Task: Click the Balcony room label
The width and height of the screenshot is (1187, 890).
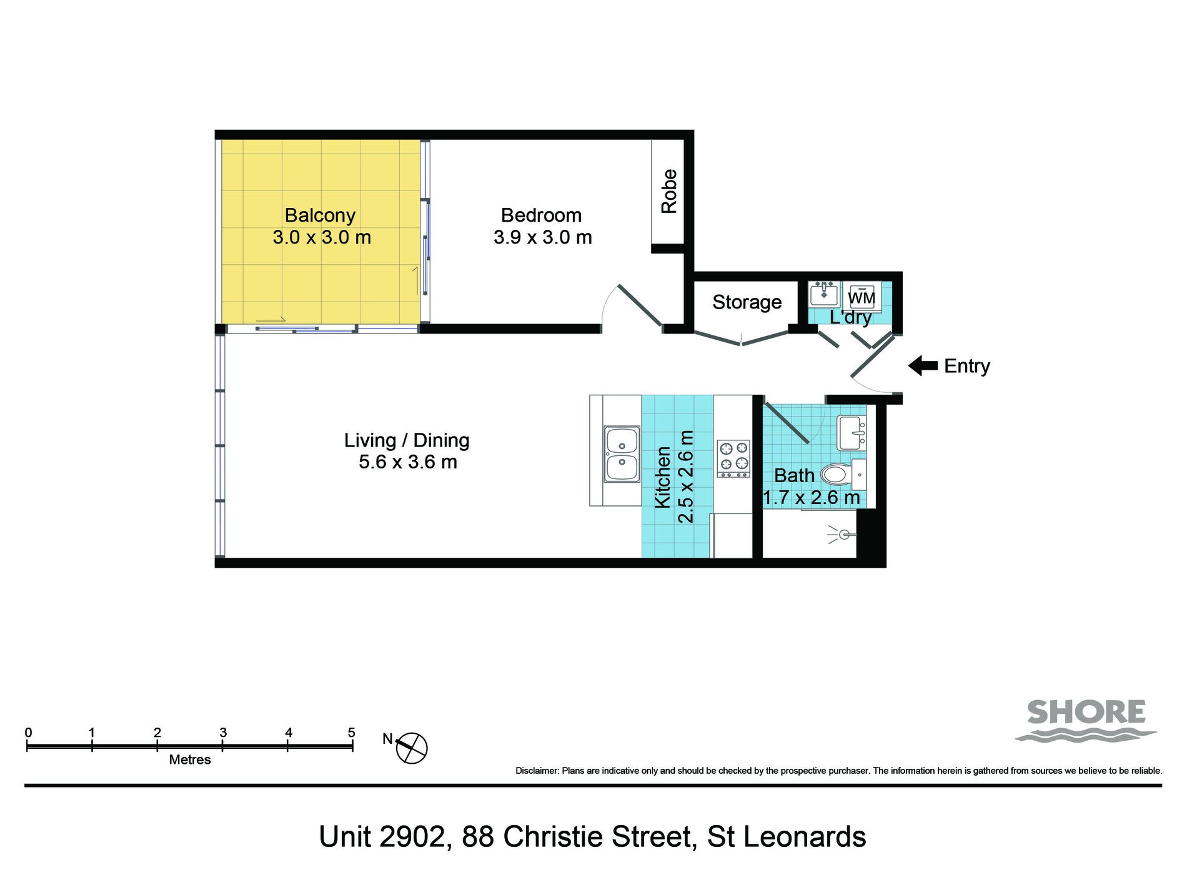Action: coord(320,215)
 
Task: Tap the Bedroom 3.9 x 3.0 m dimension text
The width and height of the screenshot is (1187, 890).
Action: coord(542,237)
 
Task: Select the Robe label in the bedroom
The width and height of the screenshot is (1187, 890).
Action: coord(669,191)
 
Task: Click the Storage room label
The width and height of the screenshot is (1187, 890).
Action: coord(747,302)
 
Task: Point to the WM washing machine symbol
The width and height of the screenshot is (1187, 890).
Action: coord(862,297)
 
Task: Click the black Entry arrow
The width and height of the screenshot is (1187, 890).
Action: coord(923,366)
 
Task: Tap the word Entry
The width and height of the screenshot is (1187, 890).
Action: coord(967,367)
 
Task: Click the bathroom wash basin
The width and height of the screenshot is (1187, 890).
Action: coord(852,433)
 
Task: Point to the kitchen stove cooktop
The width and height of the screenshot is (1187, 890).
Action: coord(733,459)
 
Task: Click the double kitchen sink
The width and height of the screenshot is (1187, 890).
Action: coord(622,454)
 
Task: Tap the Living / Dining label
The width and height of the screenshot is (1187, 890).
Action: coord(407,440)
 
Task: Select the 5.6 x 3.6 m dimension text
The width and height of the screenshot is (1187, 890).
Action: coord(408,462)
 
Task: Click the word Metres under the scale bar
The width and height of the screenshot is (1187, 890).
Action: coord(190,760)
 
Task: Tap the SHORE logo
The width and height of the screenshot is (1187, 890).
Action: coord(1086,720)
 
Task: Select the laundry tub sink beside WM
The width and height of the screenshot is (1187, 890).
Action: coord(824,294)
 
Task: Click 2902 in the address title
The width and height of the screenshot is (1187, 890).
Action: coord(413,837)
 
